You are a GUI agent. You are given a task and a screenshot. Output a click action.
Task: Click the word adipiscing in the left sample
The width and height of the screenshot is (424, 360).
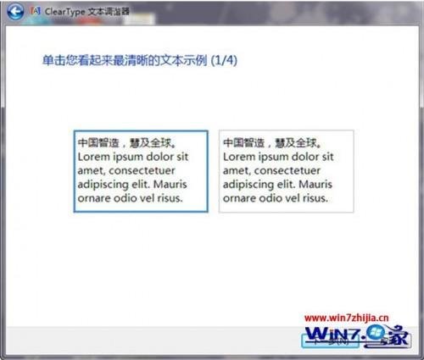[103, 185]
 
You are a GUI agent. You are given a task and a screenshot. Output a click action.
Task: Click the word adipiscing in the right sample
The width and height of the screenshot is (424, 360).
[249, 185]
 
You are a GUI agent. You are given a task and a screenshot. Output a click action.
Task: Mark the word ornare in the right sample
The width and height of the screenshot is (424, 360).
[240, 198]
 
